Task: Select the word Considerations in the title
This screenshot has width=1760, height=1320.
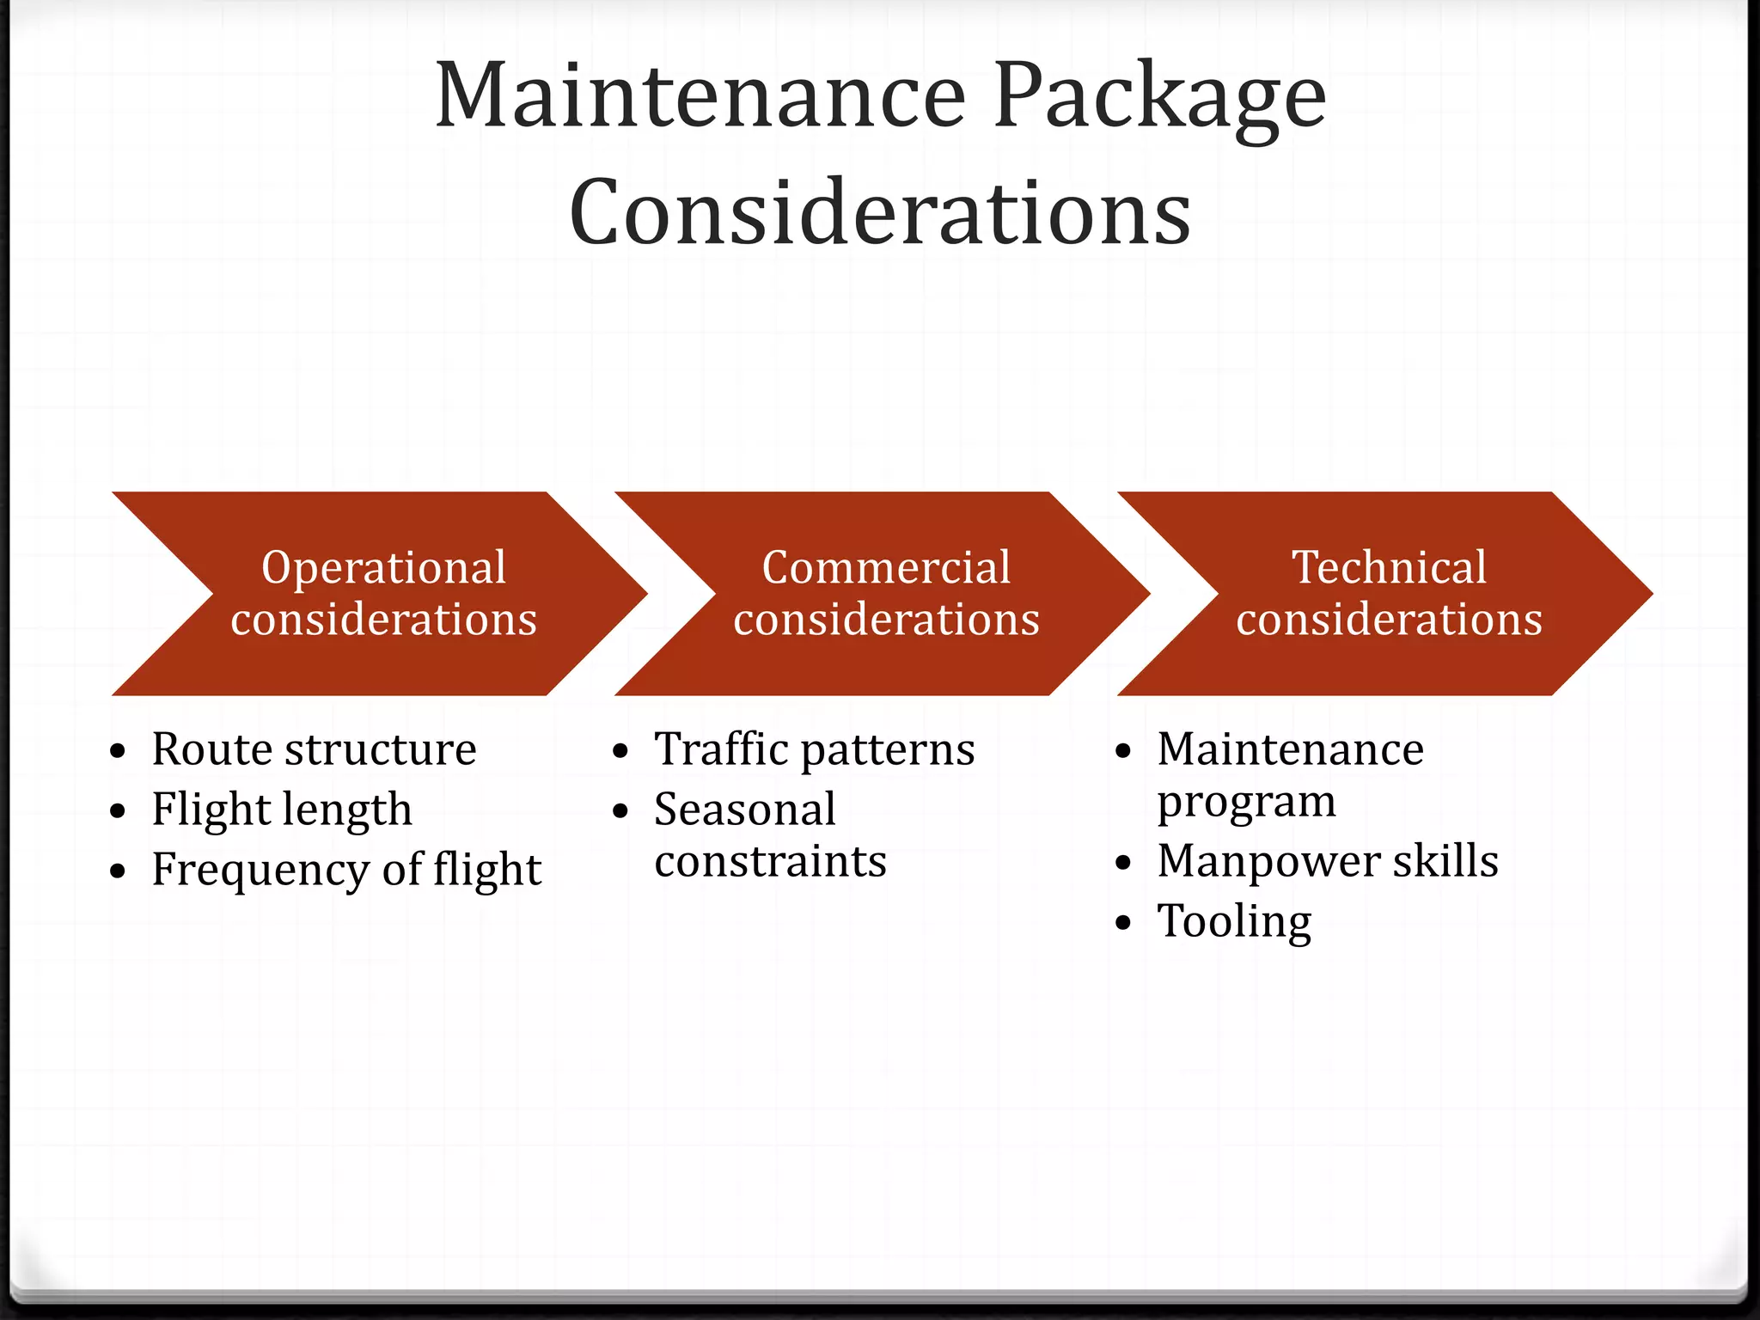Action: (880, 211)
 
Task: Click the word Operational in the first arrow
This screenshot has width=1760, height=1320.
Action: (383, 567)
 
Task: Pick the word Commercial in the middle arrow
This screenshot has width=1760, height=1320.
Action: (886, 567)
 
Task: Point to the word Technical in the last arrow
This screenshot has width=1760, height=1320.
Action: (1389, 567)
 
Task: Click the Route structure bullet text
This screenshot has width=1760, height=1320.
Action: (314, 749)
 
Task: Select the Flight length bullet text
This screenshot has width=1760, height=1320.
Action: (282, 810)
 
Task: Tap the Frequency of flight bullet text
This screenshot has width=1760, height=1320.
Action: (346, 870)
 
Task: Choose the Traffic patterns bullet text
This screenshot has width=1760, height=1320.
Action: (814, 749)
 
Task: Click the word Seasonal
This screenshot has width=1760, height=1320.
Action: (744, 810)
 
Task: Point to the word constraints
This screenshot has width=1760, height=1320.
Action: (770, 861)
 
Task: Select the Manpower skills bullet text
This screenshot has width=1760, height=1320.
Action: (1328, 861)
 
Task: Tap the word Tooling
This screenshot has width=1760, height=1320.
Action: (1234, 921)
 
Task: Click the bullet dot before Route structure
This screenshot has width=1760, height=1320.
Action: (119, 752)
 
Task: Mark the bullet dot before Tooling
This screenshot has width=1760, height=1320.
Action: (1124, 924)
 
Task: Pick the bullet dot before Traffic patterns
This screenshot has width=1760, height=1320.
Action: (621, 752)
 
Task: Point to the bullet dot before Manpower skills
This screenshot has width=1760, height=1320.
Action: (1124, 864)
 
